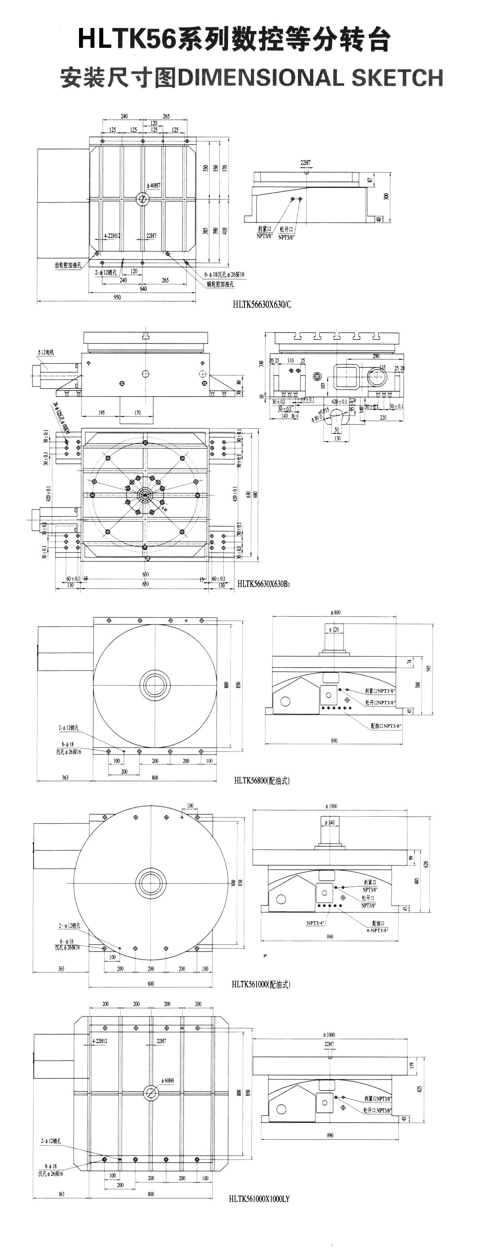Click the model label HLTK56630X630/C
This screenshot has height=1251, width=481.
pos(262,305)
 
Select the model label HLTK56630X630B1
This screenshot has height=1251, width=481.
pos(264,584)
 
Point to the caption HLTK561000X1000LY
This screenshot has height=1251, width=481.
pos(259,1199)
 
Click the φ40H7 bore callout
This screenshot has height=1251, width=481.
pos(154,186)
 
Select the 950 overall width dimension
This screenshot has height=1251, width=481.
pos(117,297)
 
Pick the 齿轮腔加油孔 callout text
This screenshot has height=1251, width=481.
pos(68,265)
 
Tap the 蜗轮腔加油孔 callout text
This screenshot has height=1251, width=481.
pos(219,284)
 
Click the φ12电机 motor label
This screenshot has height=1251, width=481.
pos(46,352)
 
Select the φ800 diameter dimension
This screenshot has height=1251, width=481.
pos(334,613)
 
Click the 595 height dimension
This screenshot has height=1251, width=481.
pos(429,668)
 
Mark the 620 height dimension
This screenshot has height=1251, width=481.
pos(427,865)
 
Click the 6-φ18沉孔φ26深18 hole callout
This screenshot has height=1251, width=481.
pos(224,274)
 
